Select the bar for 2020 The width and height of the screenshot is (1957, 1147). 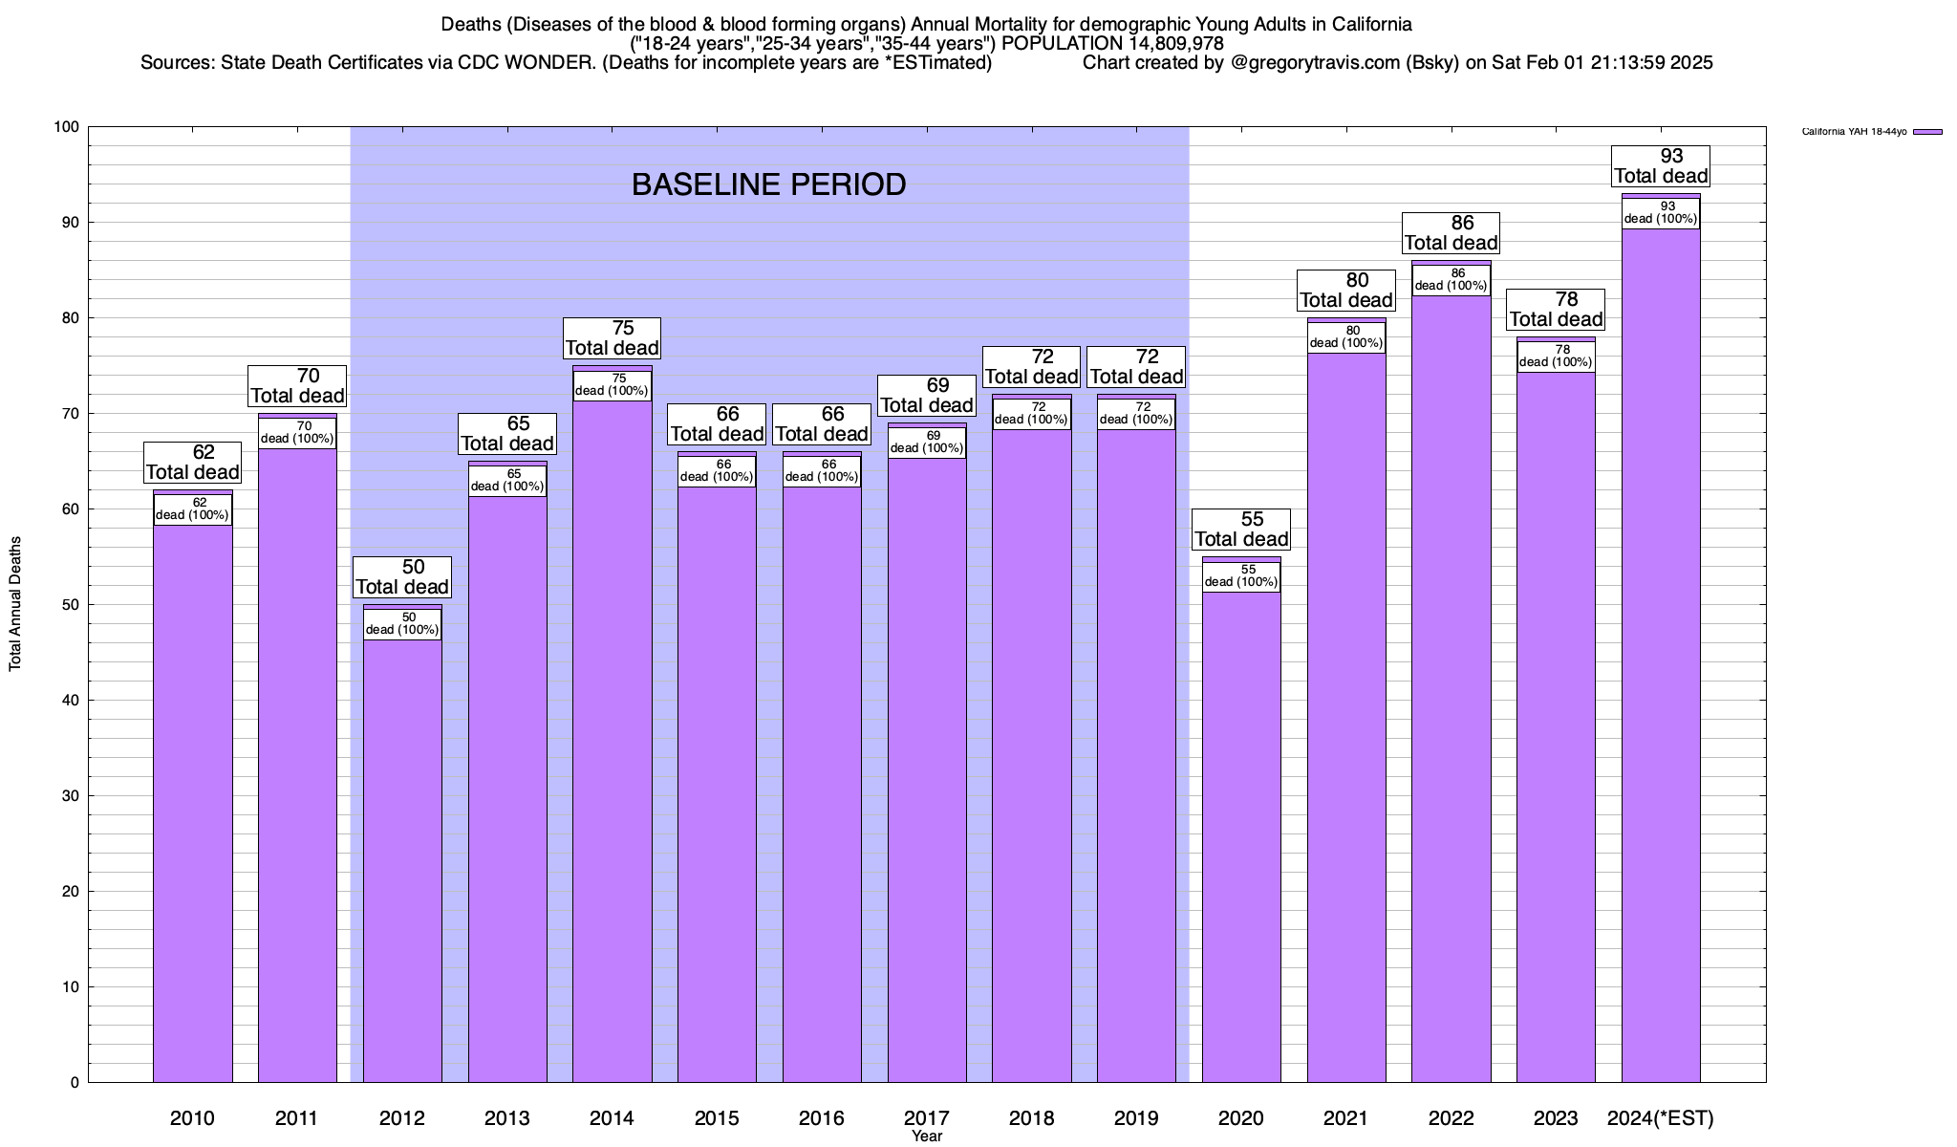click(1241, 841)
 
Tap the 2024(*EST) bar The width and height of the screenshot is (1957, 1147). click(1661, 669)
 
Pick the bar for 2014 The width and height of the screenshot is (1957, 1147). click(613, 746)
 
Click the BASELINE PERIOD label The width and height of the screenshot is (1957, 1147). click(768, 184)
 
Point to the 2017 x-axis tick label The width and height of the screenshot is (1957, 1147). click(926, 1117)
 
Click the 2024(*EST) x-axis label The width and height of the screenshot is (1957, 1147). click(1661, 1117)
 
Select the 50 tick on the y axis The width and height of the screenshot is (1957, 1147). click(71, 605)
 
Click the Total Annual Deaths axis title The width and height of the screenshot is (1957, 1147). click(15, 604)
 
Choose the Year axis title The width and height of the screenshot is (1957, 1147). click(926, 1136)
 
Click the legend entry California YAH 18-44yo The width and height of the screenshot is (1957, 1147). click(1854, 132)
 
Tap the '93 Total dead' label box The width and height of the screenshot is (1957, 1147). click(1661, 166)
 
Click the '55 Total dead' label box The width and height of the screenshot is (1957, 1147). click(1241, 530)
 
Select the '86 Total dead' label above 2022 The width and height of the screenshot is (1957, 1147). click(1451, 233)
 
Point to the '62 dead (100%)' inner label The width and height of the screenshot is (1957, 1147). click(192, 509)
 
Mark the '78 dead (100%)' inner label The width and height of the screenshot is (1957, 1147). click(1556, 357)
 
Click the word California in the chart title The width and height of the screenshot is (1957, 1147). click(1365, 24)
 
